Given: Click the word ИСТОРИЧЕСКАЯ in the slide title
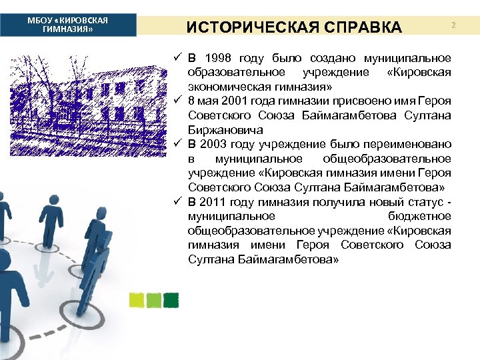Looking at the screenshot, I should [245, 27].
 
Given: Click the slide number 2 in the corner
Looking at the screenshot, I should [453, 25].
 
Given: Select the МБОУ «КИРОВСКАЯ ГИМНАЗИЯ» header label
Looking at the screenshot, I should [68, 25].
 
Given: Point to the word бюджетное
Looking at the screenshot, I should [419, 216].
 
